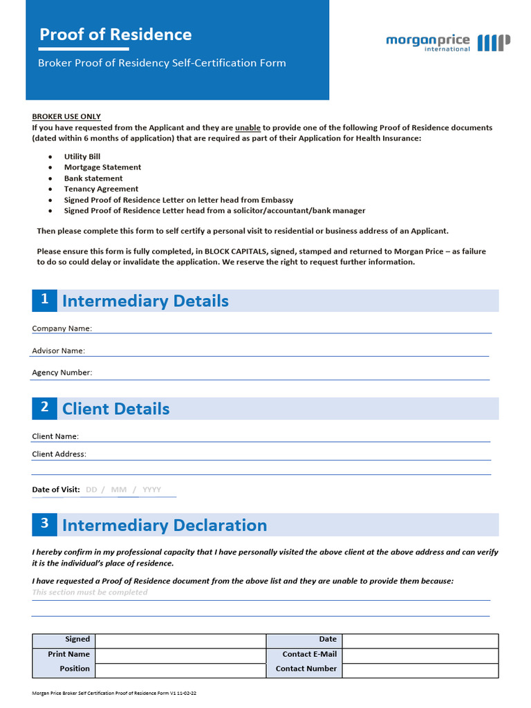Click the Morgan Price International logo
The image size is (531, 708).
coord(448,42)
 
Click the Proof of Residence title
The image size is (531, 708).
coord(115,35)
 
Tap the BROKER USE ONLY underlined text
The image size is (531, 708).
coord(66,117)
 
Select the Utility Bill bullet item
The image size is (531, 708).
coord(82,157)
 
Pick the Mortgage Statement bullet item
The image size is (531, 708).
coord(102,167)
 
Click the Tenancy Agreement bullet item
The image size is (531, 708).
coord(101,189)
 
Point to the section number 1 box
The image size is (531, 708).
coord(44,300)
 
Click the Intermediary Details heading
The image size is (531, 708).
coord(145,301)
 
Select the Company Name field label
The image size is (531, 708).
coord(62,328)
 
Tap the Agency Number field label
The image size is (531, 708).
coord(62,373)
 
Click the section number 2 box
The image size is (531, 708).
coord(44,408)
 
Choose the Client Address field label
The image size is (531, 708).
coord(59,454)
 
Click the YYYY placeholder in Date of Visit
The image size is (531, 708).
coord(151,490)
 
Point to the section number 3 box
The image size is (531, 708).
coord(44,524)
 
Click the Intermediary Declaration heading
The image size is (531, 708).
coord(165,525)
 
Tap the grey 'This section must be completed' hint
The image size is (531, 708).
coord(90,593)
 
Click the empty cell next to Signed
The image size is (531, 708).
coord(180,640)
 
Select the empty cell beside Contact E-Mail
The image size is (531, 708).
coord(420,654)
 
